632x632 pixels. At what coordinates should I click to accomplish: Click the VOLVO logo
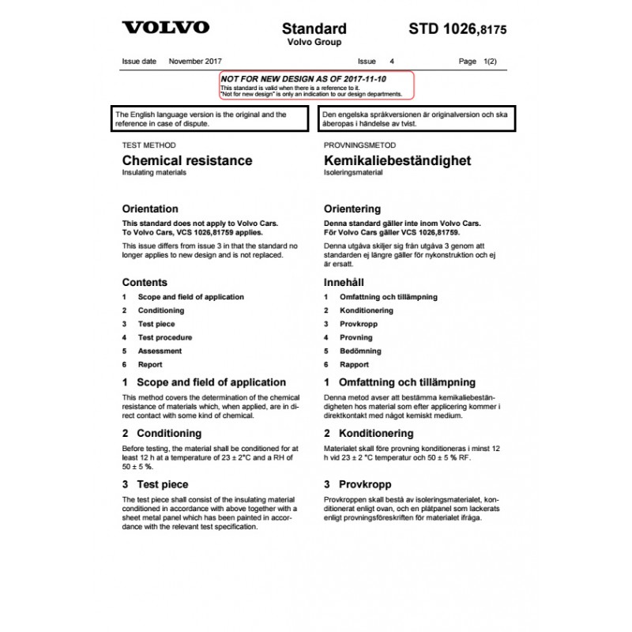click(166, 28)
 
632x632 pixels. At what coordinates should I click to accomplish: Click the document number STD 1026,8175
click(457, 29)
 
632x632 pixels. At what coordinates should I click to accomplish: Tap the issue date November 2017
click(195, 61)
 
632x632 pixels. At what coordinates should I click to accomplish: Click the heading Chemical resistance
click(187, 160)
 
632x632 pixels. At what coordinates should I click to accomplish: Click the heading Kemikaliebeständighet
click(397, 160)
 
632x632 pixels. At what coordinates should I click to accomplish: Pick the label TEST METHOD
click(149, 146)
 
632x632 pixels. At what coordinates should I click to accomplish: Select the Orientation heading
click(150, 209)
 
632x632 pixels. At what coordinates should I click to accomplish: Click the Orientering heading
click(352, 209)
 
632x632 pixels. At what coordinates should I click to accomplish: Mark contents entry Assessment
click(160, 351)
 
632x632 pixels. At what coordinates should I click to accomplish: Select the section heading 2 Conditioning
click(162, 433)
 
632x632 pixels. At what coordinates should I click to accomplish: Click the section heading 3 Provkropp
click(357, 484)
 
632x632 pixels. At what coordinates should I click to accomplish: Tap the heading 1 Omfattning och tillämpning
click(400, 382)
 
